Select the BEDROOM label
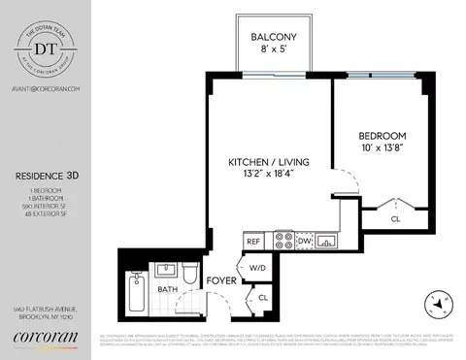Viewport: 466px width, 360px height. tap(382, 136)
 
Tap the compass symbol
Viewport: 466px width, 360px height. tap(440, 303)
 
